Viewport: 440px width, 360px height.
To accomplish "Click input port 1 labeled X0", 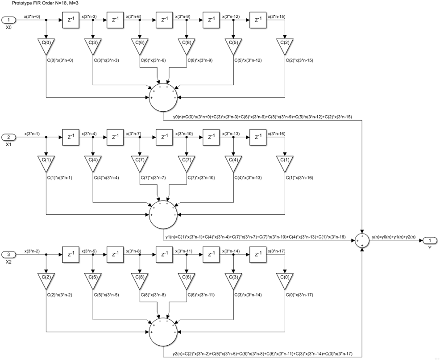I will tap(8, 20).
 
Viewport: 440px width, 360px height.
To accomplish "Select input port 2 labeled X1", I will tap(8, 137).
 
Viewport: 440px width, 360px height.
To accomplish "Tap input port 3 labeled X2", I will tap(8, 254).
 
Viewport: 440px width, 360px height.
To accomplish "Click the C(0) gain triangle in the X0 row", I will tap(46, 45).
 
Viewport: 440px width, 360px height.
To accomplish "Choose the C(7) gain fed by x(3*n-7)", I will tap(140, 162).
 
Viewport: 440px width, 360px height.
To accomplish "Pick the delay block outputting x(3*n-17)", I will tap(258, 255).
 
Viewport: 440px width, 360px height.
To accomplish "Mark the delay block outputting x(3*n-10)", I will tap(164, 138).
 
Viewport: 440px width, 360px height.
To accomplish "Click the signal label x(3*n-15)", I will tap(277, 17).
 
